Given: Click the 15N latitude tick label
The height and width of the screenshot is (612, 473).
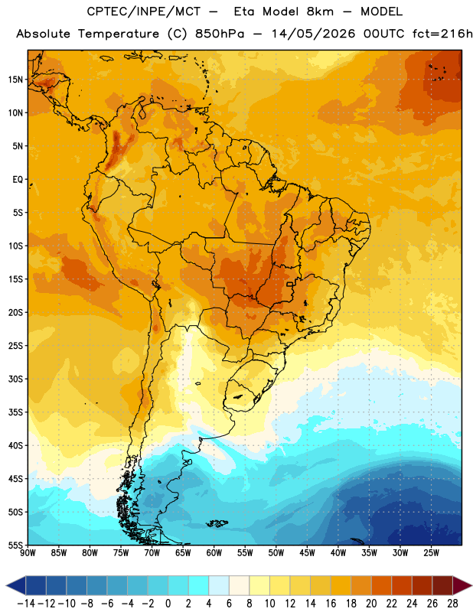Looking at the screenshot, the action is pyautogui.click(x=15, y=80).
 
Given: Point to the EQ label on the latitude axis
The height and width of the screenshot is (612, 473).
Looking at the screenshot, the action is pyautogui.click(x=18, y=180).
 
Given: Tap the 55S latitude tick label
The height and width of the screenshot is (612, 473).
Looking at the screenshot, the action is pyautogui.click(x=15, y=545).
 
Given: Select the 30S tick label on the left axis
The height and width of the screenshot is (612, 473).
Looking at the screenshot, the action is pyautogui.click(x=15, y=379).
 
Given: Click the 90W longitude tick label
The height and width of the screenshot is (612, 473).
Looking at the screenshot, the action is pyautogui.click(x=28, y=552).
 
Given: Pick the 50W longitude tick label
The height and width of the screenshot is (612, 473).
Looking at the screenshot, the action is pyautogui.click(x=276, y=552).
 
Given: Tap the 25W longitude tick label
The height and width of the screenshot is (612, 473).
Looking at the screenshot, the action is pyautogui.click(x=431, y=552).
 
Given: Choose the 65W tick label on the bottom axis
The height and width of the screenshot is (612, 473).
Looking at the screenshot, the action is pyautogui.click(x=183, y=552).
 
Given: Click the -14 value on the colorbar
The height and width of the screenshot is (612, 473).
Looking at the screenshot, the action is pyautogui.click(x=26, y=604).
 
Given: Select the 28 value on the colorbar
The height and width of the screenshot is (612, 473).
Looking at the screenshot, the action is pyautogui.click(x=452, y=604).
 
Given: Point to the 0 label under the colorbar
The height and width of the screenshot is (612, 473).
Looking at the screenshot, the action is pyautogui.click(x=168, y=604).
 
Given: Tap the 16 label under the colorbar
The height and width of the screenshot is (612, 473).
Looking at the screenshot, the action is pyautogui.click(x=331, y=604).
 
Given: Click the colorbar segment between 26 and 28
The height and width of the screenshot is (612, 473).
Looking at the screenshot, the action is pyautogui.click(x=442, y=586).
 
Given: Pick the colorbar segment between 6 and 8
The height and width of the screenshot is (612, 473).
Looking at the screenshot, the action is pyautogui.click(x=240, y=586).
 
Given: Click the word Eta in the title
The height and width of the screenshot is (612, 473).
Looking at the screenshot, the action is pyautogui.click(x=244, y=11).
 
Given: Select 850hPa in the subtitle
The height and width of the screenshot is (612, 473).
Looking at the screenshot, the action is pyautogui.click(x=220, y=34).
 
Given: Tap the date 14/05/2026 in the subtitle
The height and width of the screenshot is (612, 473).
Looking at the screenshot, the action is pyautogui.click(x=313, y=34).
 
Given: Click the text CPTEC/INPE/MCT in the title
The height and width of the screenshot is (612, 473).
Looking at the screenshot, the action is pyautogui.click(x=143, y=11).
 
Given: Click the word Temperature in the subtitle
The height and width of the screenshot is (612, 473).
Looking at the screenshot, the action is pyautogui.click(x=119, y=34).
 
